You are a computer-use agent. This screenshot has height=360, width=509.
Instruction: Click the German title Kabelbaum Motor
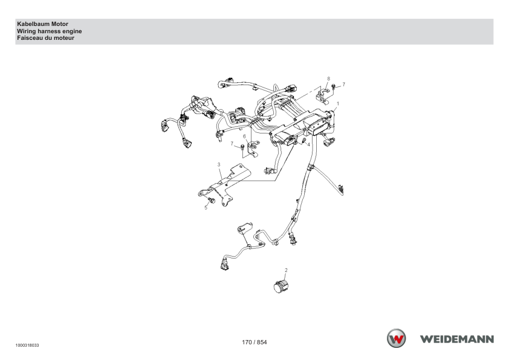(x=42, y=24)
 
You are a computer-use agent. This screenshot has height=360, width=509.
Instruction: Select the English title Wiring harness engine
(x=50, y=31)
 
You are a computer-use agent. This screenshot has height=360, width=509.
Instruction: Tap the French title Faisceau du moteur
(x=46, y=38)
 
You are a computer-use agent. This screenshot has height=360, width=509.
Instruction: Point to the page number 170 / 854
(x=254, y=342)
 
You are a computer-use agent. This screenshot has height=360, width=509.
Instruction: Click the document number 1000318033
(x=27, y=346)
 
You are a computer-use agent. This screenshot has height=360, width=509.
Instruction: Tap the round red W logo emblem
(x=396, y=338)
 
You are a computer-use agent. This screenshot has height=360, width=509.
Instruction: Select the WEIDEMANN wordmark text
(x=457, y=339)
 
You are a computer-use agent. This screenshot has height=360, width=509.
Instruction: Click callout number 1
(x=338, y=104)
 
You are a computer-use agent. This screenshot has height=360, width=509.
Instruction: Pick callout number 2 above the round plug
(x=286, y=270)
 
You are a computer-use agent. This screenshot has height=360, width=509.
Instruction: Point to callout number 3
(x=219, y=165)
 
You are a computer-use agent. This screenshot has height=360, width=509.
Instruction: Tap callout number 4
(x=309, y=144)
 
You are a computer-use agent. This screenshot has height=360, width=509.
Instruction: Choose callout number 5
(x=206, y=208)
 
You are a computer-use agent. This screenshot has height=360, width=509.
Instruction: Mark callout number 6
(x=244, y=137)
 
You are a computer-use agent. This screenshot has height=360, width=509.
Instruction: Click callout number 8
(x=328, y=79)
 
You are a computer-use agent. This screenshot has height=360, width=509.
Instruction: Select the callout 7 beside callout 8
(x=344, y=85)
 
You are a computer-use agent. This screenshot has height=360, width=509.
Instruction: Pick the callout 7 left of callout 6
(x=232, y=143)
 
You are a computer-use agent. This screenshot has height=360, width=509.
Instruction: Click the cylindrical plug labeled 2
(x=281, y=287)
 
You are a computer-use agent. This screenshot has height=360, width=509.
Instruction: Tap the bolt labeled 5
(x=212, y=201)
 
